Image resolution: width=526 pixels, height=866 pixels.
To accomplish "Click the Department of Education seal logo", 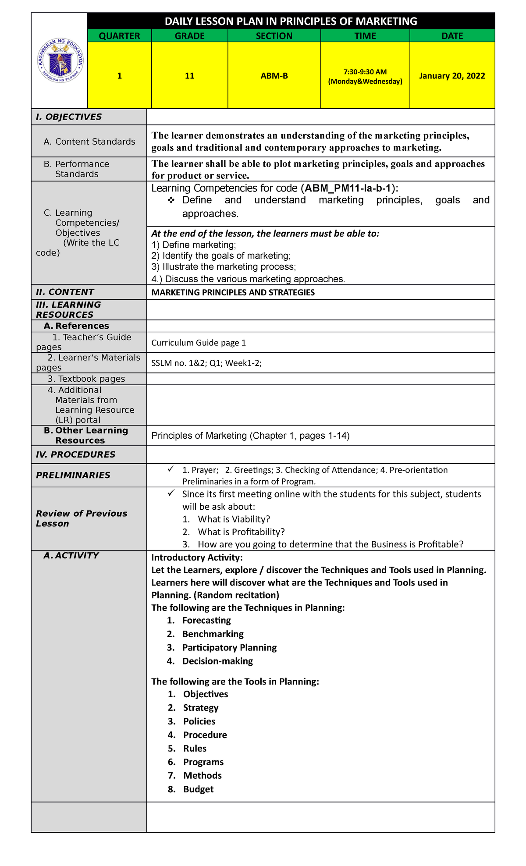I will click(x=60, y=61).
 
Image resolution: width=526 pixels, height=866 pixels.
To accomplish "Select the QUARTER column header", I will click(x=119, y=36).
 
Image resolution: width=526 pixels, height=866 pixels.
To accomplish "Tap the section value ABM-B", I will click(x=274, y=76).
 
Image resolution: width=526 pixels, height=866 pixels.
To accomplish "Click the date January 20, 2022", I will click(x=452, y=76).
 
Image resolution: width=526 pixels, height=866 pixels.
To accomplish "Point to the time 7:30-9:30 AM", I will click(x=365, y=71).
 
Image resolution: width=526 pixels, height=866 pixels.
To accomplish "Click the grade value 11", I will click(x=189, y=76).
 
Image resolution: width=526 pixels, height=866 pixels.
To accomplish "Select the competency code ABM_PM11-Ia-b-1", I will click(x=348, y=188).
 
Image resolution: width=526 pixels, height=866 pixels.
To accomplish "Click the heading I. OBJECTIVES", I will click(x=69, y=117).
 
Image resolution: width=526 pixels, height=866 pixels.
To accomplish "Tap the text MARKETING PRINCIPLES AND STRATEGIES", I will click(x=233, y=292).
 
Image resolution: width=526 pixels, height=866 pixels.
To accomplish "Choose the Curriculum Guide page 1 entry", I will click(x=199, y=343).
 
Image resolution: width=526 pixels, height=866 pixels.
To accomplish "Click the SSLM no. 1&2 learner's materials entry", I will click(x=206, y=363).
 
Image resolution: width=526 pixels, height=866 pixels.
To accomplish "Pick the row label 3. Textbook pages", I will click(x=86, y=379).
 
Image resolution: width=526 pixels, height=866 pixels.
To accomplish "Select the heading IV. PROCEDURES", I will click(x=75, y=454).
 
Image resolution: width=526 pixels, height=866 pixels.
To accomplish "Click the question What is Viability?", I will click(x=234, y=519).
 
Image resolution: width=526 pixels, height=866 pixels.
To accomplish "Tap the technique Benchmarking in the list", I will click(x=213, y=634).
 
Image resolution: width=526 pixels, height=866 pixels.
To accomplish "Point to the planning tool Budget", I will click(x=198, y=789).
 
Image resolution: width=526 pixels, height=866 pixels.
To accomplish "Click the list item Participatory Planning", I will click(x=229, y=648).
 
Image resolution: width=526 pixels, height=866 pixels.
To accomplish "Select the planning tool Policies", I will click(x=199, y=721).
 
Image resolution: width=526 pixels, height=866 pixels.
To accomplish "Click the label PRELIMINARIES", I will click(x=73, y=475).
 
